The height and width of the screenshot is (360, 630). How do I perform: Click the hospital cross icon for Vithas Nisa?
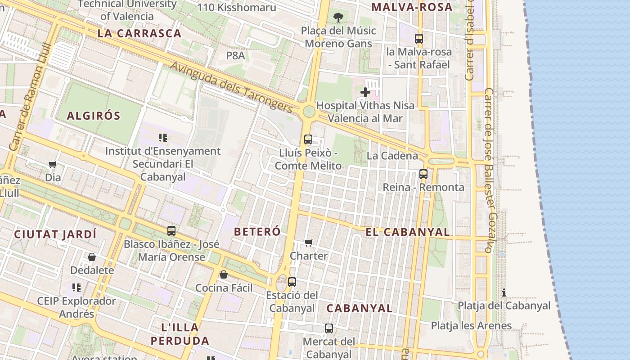click(x=365, y=92)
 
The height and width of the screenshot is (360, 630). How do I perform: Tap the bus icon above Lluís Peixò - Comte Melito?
click(x=308, y=139)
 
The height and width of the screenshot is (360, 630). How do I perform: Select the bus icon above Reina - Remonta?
click(x=423, y=174)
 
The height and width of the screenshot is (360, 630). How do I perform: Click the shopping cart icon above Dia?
click(x=53, y=165)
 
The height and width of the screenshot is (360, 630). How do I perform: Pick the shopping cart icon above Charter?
click(x=309, y=243)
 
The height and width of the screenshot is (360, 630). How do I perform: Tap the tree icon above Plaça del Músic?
click(x=338, y=18)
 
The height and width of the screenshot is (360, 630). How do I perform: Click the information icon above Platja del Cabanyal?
click(x=504, y=293)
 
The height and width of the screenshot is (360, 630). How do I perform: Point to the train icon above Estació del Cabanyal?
click(x=292, y=282)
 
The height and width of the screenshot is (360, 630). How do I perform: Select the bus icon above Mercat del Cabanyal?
click(x=329, y=328)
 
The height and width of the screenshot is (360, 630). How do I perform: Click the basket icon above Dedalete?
click(x=92, y=257)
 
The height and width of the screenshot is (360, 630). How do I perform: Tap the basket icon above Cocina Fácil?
click(x=224, y=274)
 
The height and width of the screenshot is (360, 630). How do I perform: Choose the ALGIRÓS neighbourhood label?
click(x=94, y=116)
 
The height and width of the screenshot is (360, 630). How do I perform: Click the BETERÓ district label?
click(x=257, y=231)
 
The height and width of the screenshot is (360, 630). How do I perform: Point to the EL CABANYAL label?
click(x=408, y=232)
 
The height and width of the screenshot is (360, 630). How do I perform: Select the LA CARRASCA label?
click(x=139, y=33)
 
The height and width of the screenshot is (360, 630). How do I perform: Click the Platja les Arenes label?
click(x=471, y=325)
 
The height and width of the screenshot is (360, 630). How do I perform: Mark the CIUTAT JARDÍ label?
click(x=55, y=234)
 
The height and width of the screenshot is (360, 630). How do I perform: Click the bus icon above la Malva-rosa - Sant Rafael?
click(x=419, y=39)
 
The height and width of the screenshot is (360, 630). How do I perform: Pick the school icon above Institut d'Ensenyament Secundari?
click(x=163, y=137)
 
